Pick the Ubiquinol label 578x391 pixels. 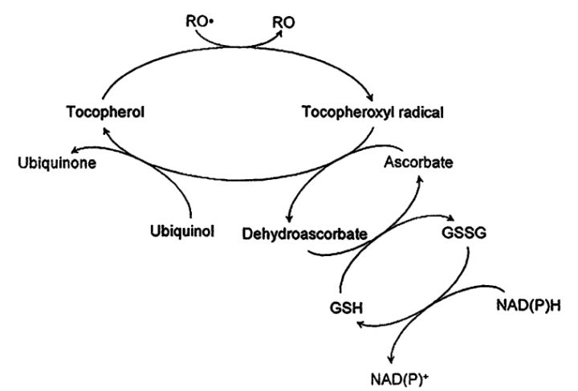(180, 234)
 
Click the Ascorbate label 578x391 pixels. (417, 163)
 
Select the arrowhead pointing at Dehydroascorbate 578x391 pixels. (288, 220)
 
